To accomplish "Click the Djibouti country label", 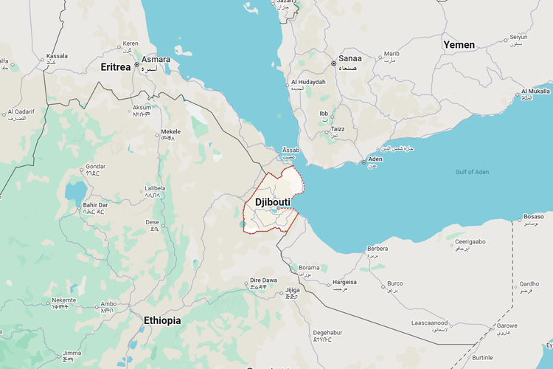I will [x=273, y=201].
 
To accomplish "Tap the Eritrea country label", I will [x=116, y=67].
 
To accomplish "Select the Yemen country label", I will [x=459, y=45].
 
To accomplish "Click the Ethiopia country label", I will [x=162, y=320].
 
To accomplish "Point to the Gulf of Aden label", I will [x=472, y=172].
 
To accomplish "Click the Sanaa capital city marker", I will [x=333, y=64].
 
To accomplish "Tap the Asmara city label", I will [x=156, y=60].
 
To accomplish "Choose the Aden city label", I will [x=375, y=159].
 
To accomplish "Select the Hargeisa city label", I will [x=344, y=282].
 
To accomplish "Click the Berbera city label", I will [x=378, y=249].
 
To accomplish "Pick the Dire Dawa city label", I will [x=263, y=280].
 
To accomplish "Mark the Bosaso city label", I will [x=533, y=216].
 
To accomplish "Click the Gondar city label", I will [x=96, y=167].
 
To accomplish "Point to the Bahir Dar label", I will [x=94, y=204].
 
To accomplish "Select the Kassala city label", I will [x=57, y=56].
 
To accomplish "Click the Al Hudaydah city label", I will [x=307, y=82].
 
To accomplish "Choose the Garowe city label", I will [x=507, y=325].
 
